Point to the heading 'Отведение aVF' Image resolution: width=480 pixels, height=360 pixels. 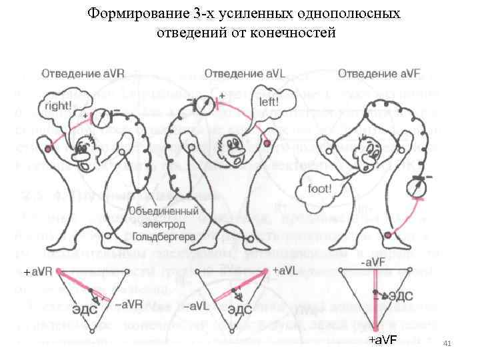(377, 72)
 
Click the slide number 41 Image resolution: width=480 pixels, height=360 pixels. (447, 343)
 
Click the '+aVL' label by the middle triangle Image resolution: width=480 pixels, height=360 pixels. (285, 271)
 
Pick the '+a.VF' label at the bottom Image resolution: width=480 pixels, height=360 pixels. (383, 341)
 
